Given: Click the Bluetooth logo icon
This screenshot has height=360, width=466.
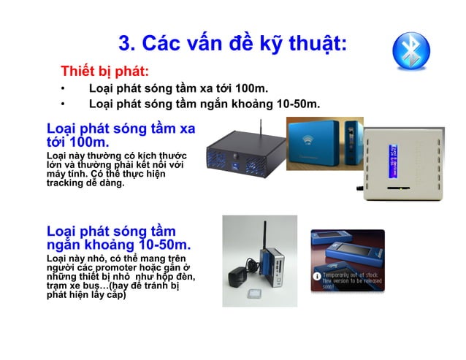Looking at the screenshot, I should click(411, 50).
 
